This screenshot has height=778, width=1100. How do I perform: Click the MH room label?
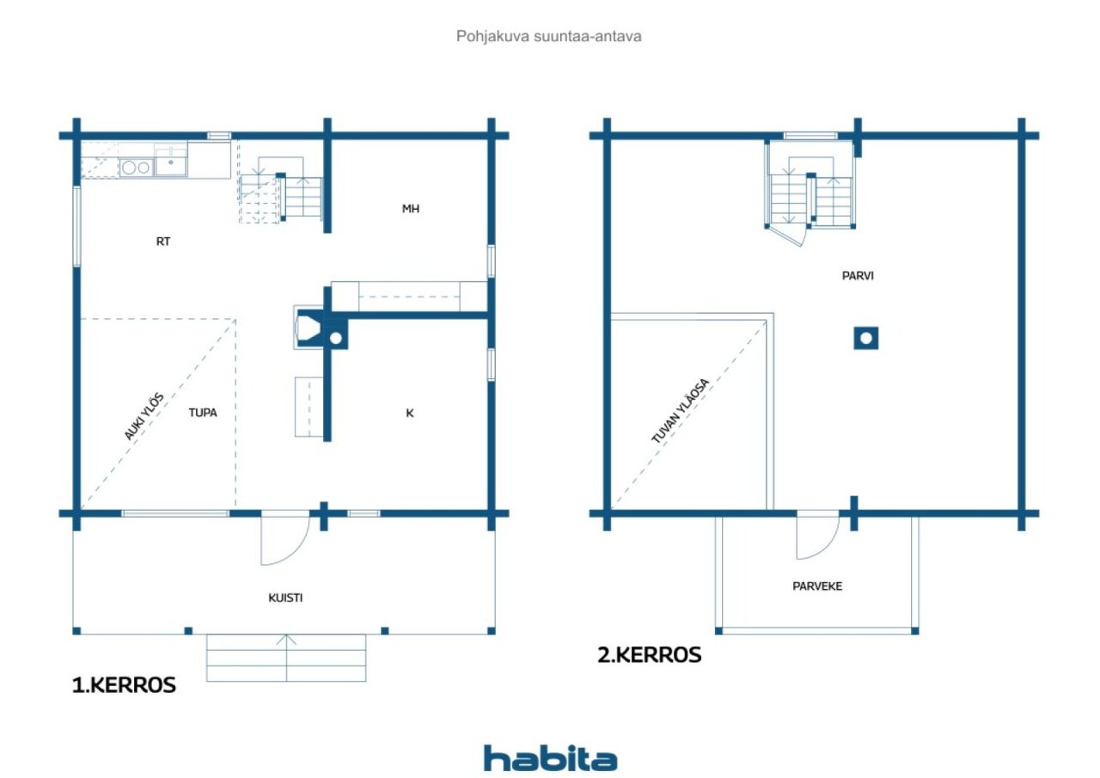pos(411,209)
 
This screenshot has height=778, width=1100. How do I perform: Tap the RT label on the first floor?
pos(163,242)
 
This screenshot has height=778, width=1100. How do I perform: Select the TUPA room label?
pos(203,413)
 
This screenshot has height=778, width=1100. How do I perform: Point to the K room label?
pos(410,414)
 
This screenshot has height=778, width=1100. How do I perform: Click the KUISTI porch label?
pos(285,598)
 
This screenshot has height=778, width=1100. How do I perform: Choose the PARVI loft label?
pos(858,276)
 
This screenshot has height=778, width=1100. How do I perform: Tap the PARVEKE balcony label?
pos(817,586)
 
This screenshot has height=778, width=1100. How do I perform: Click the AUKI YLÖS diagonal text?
pos(144,416)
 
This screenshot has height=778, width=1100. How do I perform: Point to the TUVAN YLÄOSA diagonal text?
pos(681,411)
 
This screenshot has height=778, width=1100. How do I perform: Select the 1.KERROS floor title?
pos(124,685)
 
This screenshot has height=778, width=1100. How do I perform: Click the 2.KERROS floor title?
pos(649,655)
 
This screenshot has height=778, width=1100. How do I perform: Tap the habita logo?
pos(550,759)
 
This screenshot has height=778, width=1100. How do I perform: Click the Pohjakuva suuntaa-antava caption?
pos(548,36)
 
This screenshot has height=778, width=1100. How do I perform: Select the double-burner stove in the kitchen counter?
pos(136,168)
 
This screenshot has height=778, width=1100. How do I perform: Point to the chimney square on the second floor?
pos(865,339)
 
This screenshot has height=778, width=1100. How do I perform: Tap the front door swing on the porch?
pos(284,538)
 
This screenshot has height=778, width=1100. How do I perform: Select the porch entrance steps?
pos(286,658)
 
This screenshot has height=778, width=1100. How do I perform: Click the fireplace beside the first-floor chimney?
pos(309,327)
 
